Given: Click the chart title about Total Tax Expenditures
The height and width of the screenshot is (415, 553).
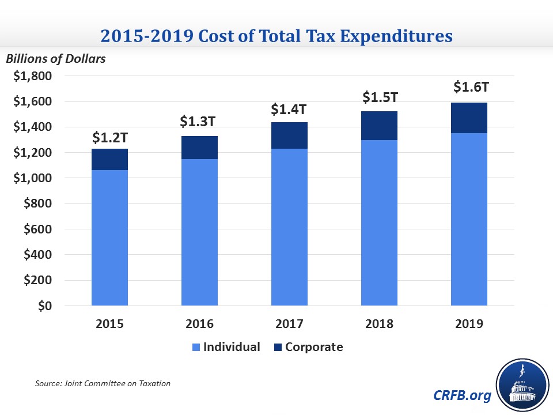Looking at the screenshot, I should (276, 36).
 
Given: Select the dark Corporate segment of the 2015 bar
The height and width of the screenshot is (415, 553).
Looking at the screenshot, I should (109, 159).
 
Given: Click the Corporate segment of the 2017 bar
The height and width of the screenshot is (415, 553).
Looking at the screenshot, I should (289, 135).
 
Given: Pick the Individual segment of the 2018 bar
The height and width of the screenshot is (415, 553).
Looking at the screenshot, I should (379, 222).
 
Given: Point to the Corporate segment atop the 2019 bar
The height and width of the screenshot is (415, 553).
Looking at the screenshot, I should (469, 118).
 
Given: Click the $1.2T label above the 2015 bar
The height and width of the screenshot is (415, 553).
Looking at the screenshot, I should (110, 138).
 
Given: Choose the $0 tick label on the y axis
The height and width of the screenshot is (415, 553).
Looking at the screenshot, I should (43, 306).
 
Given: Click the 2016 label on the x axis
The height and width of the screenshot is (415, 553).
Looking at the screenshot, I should (199, 323).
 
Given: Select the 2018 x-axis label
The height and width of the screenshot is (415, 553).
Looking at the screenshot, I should (379, 323).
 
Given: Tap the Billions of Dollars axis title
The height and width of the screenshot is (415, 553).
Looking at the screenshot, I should (56, 58).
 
